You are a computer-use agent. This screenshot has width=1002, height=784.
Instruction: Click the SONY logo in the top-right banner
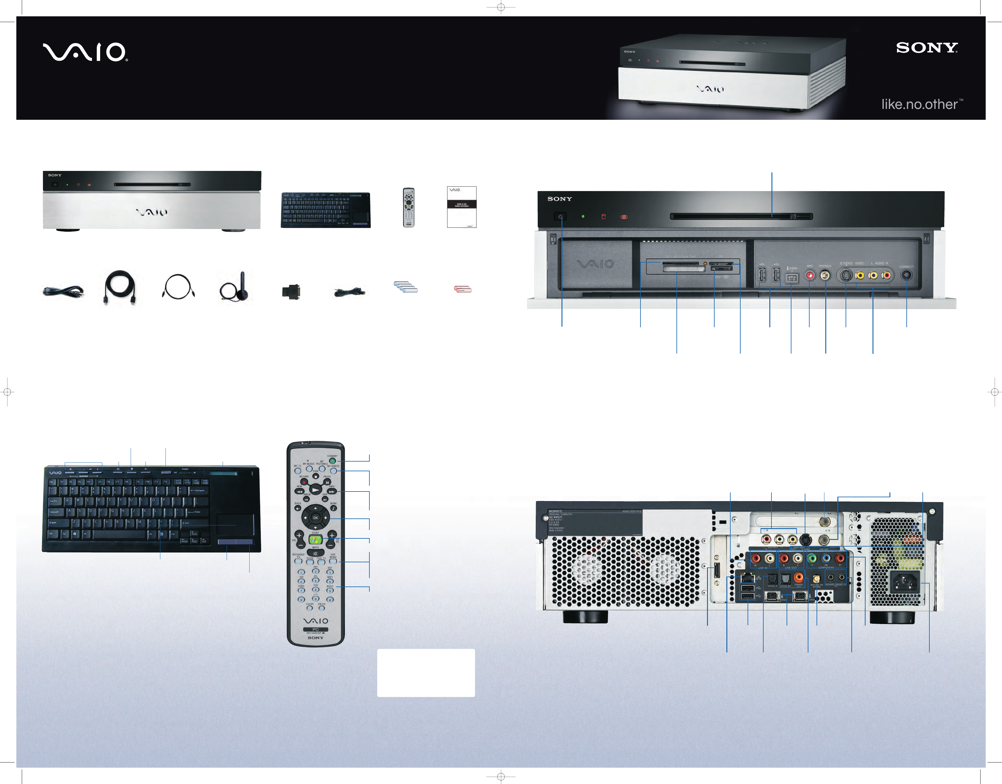tap(927, 48)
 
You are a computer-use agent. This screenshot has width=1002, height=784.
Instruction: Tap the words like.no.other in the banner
tap(919, 105)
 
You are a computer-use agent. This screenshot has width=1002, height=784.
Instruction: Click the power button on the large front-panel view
tap(560, 216)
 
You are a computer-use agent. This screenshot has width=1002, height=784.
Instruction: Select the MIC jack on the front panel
tap(810, 276)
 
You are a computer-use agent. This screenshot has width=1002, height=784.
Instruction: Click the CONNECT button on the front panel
tap(906, 276)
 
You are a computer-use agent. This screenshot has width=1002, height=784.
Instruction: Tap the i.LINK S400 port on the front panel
tap(792, 278)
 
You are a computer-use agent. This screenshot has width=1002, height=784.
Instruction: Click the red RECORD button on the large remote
tap(303, 482)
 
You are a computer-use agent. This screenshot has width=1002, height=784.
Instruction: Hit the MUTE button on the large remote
tap(315, 553)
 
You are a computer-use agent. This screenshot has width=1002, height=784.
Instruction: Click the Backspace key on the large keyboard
tap(197, 491)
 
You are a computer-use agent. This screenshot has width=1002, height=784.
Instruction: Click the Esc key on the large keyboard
tap(52, 482)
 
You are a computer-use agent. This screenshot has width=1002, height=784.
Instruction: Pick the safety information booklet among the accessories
tap(461, 207)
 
